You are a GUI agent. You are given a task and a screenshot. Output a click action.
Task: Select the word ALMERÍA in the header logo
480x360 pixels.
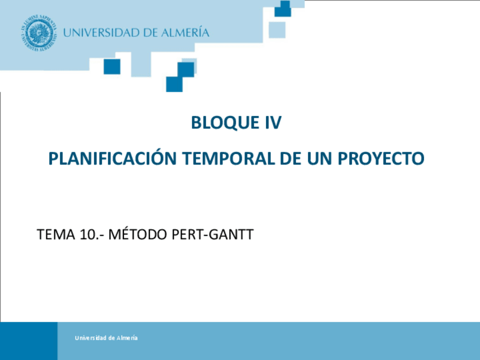point(182,33)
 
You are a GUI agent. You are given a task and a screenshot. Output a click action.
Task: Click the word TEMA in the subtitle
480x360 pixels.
point(53,234)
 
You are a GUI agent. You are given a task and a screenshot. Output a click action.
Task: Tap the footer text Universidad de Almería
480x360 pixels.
point(106,338)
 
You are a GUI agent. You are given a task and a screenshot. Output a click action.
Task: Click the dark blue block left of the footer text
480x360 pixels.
point(28,341)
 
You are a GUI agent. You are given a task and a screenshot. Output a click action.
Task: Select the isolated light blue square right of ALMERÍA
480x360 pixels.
point(277,30)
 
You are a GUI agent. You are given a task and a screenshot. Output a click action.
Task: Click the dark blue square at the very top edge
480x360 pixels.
point(282,8)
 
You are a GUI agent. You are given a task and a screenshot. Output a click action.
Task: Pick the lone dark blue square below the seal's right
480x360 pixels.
point(112,66)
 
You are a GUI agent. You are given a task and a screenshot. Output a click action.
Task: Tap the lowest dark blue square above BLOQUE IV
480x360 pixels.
point(174,84)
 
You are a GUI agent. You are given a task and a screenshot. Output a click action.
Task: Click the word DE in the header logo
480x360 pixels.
point(149,33)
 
